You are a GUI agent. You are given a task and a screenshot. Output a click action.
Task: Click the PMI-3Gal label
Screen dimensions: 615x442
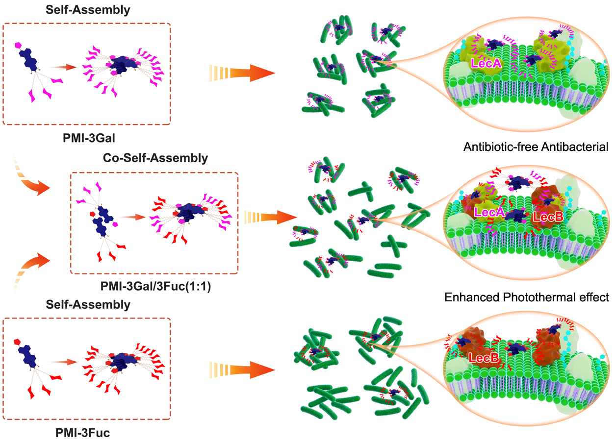tap(89, 138)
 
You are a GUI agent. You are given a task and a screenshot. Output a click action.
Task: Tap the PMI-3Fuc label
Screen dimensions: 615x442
tap(83, 433)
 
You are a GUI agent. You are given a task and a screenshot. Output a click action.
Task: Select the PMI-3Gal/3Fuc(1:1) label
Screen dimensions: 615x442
tap(155, 286)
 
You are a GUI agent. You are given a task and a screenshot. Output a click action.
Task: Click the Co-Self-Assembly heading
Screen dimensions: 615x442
tap(155, 158)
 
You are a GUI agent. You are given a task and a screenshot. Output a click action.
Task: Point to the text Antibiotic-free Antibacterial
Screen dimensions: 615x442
tap(536, 147)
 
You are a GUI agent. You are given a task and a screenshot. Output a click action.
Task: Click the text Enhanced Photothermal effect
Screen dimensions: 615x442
tap(527, 297)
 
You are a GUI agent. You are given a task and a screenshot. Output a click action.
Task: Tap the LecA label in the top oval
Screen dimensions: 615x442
tap(486, 63)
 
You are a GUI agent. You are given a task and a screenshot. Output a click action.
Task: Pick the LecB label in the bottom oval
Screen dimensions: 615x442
tap(484, 358)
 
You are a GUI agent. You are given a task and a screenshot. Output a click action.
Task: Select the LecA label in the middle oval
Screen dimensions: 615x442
tap(489, 212)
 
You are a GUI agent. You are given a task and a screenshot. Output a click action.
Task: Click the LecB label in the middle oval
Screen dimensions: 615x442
tap(548, 217)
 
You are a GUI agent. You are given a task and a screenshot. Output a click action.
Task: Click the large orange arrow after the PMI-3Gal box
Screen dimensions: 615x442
tap(242, 73)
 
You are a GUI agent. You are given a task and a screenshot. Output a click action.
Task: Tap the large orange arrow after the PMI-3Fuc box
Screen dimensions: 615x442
tap(242, 370)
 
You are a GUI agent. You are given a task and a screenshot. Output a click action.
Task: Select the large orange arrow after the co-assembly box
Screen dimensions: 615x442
tap(270, 218)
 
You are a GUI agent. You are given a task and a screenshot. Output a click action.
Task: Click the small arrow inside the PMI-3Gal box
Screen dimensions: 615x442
tap(62, 67)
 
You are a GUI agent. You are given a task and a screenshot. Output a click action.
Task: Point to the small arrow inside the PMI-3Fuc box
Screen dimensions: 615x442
tap(63, 362)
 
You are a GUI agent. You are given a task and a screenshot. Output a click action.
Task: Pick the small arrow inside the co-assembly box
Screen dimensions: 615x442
tap(131, 217)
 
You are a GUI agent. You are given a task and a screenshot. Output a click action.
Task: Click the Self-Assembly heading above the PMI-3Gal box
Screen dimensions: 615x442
tap(88, 10)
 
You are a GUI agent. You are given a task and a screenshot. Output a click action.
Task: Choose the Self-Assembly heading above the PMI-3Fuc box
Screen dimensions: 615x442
tap(88, 305)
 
